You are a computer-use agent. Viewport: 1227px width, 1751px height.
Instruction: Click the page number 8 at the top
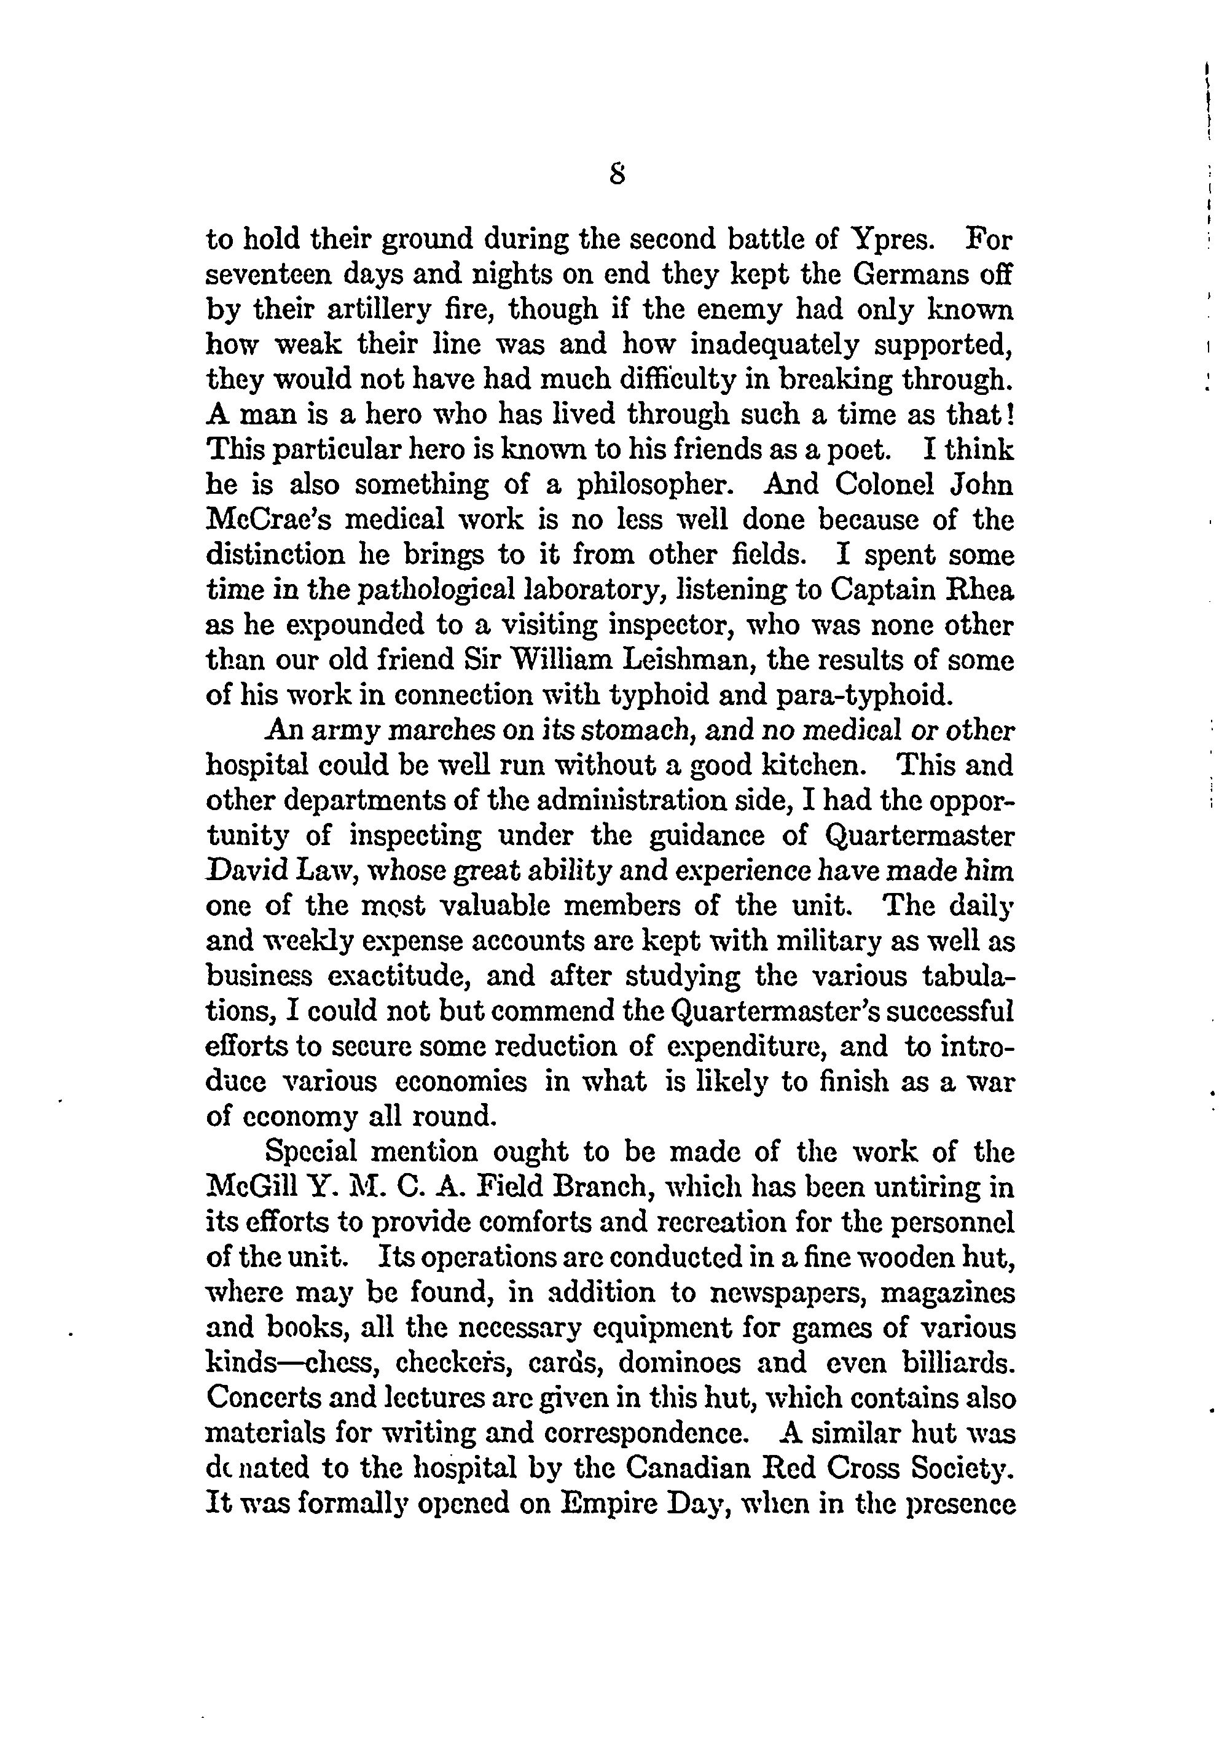coord(617,176)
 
